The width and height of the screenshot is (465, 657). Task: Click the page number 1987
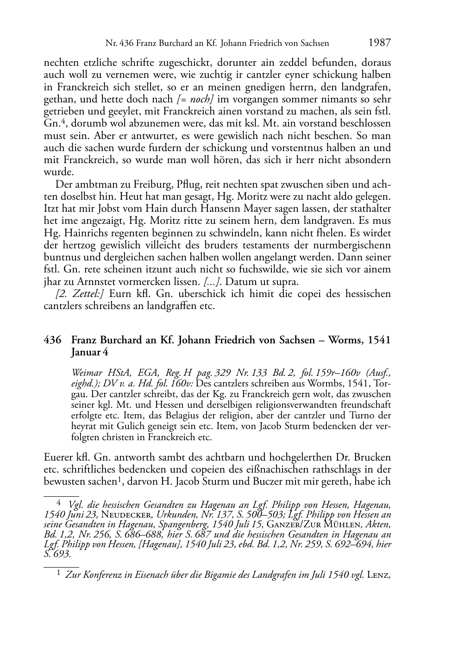point(380,43)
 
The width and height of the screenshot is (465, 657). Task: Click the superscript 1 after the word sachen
point(119,478)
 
